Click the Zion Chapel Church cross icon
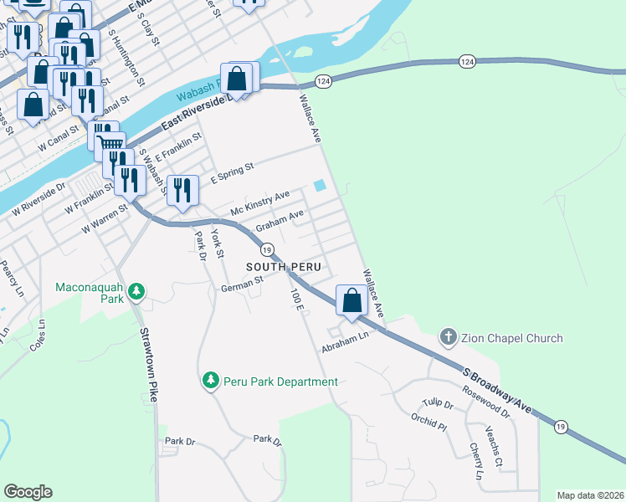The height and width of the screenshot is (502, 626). pos(449,338)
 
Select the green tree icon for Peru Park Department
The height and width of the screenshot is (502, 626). pos(210,382)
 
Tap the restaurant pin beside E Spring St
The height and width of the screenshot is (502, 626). pos(182,190)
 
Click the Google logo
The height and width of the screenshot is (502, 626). pos(28,492)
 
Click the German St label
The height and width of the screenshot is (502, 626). pos(242,287)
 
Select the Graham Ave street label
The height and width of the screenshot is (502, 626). pos(279,220)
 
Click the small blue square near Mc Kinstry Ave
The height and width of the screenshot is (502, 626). pos(319,186)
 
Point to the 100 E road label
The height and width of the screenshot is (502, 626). pos(297,301)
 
